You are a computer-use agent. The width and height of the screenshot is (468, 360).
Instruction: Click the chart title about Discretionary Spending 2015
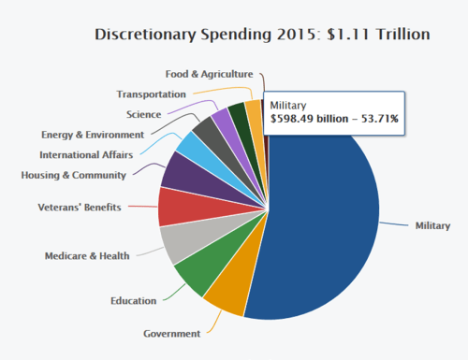263,35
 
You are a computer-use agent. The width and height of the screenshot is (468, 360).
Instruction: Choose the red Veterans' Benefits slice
176,206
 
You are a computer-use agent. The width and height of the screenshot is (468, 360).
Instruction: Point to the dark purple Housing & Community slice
180,171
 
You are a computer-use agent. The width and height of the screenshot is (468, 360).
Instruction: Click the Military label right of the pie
433,225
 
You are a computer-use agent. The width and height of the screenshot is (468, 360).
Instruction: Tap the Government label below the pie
172,334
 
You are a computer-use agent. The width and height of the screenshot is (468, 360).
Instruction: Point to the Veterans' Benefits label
80,206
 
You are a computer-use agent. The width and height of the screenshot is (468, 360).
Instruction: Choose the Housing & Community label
73,174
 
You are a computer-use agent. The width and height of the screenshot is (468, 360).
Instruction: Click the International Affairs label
86,154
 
